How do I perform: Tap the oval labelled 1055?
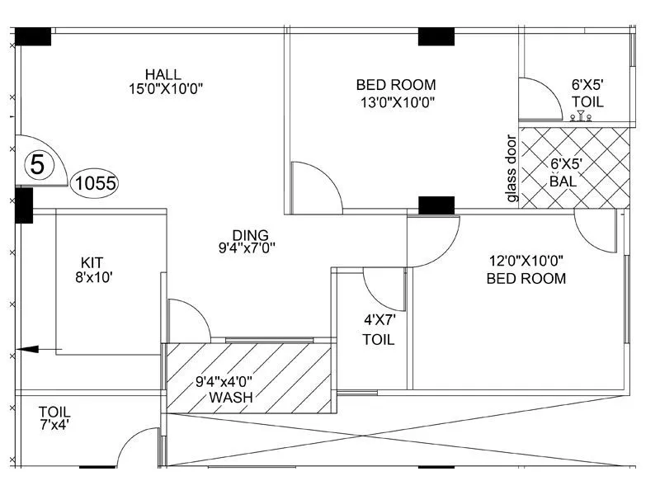(x=95, y=183)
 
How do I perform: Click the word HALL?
(x=163, y=74)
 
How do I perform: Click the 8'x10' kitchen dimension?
(x=92, y=277)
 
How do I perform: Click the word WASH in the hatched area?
(x=230, y=398)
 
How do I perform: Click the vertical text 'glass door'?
(x=511, y=168)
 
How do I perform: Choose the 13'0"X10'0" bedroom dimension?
(x=396, y=101)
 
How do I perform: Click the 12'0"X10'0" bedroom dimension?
(x=526, y=261)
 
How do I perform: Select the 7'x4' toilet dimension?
(x=54, y=426)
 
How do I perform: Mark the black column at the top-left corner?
(x=33, y=36)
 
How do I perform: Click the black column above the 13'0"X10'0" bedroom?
(x=436, y=36)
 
